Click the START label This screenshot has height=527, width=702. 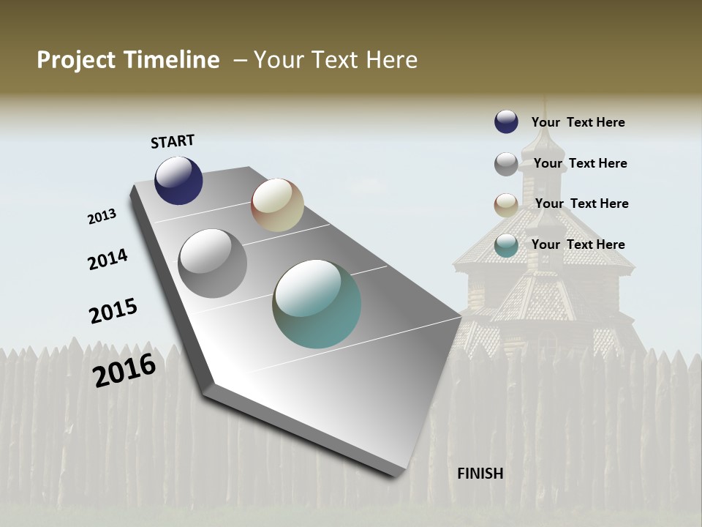[x=173, y=141]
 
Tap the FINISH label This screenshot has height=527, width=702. [x=480, y=474]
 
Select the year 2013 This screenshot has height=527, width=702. [x=102, y=217]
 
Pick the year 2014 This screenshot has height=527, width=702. [x=107, y=260]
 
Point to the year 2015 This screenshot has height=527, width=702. [x=113, y=311]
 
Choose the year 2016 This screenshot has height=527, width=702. [x=124, y=370]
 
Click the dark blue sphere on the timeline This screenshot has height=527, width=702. [x=178, y=180]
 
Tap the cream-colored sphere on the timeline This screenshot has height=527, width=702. [x=277, y=205]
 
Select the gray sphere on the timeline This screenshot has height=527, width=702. [x=213, y=263]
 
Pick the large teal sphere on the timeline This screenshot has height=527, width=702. [x=317, y=304]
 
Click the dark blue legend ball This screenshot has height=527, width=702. [x=506, y=122]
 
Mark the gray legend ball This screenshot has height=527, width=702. [x=506, y=164]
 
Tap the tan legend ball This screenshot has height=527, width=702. [x=506, y=204]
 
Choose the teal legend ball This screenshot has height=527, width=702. [x=506, y=245]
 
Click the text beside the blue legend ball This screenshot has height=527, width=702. [x=578, y=122]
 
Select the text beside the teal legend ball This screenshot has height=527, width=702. [x=578, y=244]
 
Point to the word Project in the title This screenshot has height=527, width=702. [x=75, y=60]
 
